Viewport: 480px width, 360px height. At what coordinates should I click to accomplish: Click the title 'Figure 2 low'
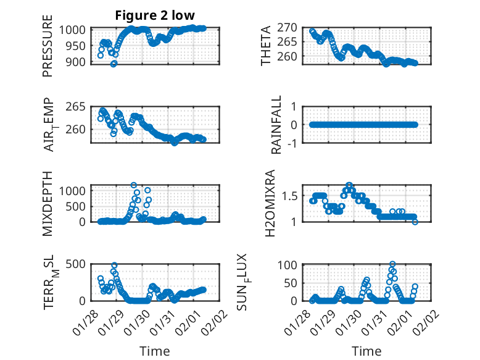click(x=154, y=16)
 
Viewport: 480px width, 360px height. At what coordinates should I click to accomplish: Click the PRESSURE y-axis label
click(x=48, y=51)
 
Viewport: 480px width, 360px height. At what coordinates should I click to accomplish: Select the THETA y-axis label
click(x=266, y=46)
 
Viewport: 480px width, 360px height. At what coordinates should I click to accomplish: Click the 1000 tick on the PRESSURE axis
click(x=76, y=29)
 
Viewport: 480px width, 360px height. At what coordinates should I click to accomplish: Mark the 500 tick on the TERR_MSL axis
click(x=79, y=264)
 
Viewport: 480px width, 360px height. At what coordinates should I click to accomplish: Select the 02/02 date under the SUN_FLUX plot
click(x=426, y=319)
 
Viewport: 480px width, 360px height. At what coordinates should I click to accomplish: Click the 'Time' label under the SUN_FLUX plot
click(x=366, y=351)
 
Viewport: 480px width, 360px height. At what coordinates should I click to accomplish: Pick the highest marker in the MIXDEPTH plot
click(x=133, y=185)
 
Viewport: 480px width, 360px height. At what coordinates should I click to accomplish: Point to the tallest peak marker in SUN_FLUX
click(x=392, y=264)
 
